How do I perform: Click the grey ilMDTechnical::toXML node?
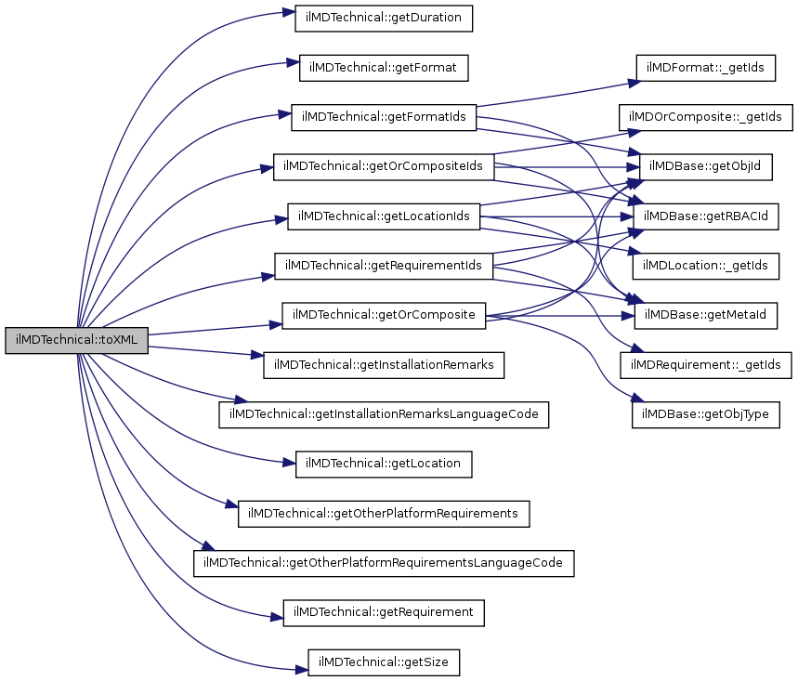tap(76, 340)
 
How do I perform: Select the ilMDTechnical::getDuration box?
tap(384, 17)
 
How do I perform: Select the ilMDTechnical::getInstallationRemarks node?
tap(384, 365)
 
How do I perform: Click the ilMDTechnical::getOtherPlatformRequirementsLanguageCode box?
tap(384, 563)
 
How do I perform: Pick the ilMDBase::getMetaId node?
tap(706, 315)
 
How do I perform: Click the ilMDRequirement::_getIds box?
tap(706, 365)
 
